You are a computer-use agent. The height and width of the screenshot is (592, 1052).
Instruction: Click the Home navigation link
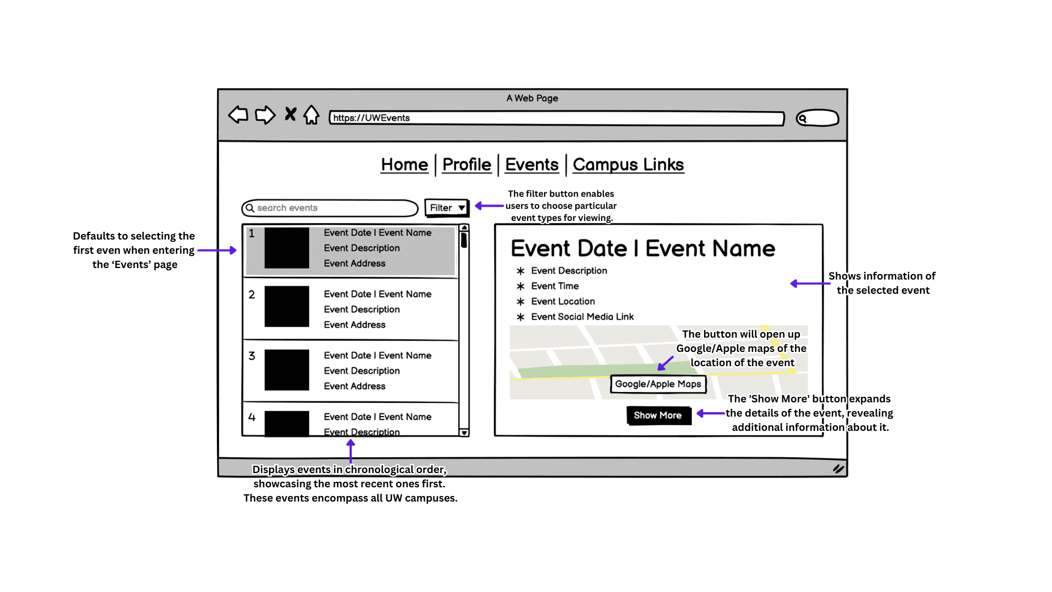click(x=404, y=164)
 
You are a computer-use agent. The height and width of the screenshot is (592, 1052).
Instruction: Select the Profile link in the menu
click(x=467, y=164)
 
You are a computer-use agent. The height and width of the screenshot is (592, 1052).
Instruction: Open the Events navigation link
click(x=531, y=164)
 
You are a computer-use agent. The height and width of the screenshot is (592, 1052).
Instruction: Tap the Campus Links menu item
click(x=628, y=164)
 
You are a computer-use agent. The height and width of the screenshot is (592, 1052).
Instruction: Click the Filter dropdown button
click(x=447, y=208)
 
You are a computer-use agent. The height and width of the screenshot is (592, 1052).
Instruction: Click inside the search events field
click(x=330, y=208)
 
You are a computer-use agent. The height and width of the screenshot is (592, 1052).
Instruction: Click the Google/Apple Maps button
click(x=658, y=384)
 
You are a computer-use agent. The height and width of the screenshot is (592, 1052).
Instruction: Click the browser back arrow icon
click(x=238, y=115)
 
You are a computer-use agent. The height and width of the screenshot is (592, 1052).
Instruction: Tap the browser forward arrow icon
click(x=265, y=115)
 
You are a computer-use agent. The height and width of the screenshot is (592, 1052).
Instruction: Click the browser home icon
click(x=311, y=115)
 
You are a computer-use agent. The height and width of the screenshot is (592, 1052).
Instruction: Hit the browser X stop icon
click(x=290, y=114)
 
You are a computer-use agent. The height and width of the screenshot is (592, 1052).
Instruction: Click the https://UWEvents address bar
click(x=557, y=118)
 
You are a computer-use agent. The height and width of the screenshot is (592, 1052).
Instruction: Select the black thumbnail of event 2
click(x=287, y=306)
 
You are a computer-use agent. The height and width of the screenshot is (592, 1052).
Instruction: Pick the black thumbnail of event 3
click(x=287, y=370)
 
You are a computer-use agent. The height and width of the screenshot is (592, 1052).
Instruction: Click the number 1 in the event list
click(x=251, y=234)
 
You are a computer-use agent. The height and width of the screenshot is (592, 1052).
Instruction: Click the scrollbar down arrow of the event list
click(x=464, y=432)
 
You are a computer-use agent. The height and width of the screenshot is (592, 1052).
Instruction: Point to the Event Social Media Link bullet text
click(x=582, y=317)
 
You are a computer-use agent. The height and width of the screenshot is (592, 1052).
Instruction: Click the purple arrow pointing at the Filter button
click(x=489, y=206)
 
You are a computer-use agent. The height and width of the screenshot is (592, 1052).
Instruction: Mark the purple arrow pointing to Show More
click(x=711, y=413)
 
